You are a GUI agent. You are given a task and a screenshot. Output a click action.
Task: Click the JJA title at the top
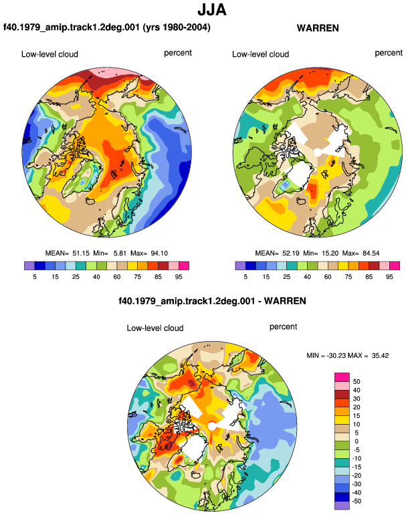tap(212, 10)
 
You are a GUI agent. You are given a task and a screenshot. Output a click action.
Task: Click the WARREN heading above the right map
tap(318, 28)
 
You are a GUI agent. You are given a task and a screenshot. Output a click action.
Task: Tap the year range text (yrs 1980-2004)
tap(177, 27)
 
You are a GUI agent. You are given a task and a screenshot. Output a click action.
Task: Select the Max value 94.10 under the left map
tap(159, 253)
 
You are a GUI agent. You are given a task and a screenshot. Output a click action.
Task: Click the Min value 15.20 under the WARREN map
tap(330, 253)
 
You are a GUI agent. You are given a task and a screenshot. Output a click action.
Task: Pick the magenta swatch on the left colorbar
tap(184, 266)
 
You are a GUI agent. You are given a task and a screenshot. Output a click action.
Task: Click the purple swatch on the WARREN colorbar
tap(240, 266)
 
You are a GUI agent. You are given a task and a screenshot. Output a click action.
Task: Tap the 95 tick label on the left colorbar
tap(179, 277)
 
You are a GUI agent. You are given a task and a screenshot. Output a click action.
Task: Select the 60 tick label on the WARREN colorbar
tap(328, 277)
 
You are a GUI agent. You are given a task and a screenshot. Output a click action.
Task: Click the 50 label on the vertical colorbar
tap(357, 382)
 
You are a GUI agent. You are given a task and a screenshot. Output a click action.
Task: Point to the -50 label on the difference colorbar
tap(356, 501)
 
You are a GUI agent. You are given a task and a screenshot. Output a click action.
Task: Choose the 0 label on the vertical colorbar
tap(357, 441)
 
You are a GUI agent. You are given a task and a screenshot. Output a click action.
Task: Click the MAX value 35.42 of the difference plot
tap(380, 355)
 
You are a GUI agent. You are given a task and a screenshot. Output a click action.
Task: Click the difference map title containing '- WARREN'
tap(212, 301)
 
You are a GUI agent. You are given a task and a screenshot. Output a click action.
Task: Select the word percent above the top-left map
tap(178, 54)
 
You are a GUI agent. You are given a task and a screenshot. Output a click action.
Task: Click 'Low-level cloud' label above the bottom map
tap(155, 328)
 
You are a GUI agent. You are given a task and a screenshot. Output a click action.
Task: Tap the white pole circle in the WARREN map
tap(317, 152)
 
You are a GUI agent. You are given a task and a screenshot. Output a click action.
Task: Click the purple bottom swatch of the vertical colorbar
tap(342, 506)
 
